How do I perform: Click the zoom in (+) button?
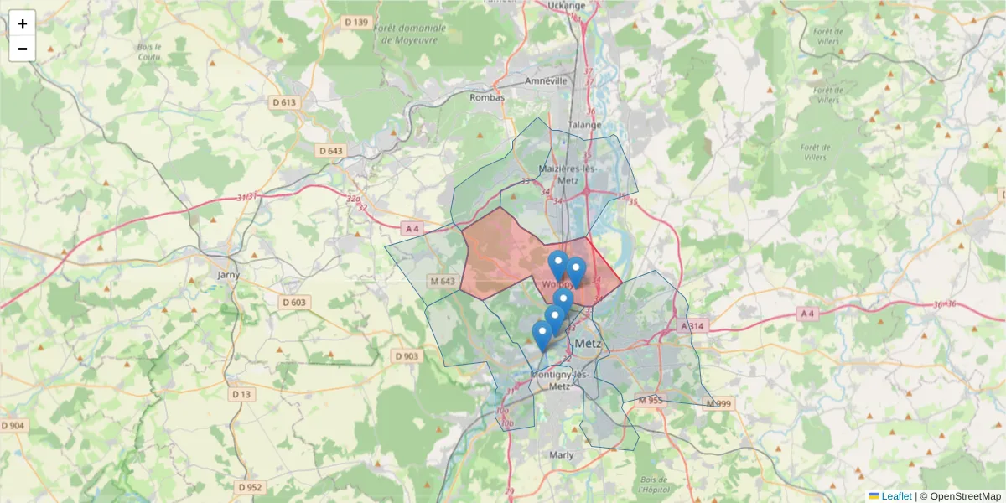point(23,23)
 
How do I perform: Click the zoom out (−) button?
point(23,49)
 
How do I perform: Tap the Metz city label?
point(589,343)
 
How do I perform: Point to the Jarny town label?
point(228,274)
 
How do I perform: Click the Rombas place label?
point(488,97)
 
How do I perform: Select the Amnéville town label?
point(546,80)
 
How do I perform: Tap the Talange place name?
point(585,125)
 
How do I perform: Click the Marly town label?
point(561,454)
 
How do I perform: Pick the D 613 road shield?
point(285,102)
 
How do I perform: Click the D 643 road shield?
point(331,150)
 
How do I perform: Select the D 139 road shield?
point(355,22)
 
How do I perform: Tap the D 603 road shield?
point(294,302)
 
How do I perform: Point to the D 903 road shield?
point(406,356)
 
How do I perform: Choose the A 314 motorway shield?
point(694,325)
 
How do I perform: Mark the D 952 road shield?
point(250,487)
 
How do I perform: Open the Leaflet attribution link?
point(896,496)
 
